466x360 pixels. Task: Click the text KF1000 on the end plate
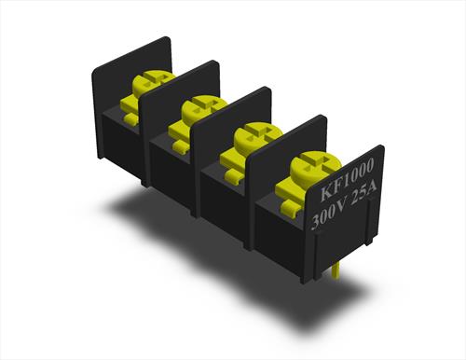click(x=347, y=180)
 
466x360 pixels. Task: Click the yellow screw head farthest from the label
click(x=152, y=81)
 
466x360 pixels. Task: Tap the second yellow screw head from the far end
click(x=202, y=109)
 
